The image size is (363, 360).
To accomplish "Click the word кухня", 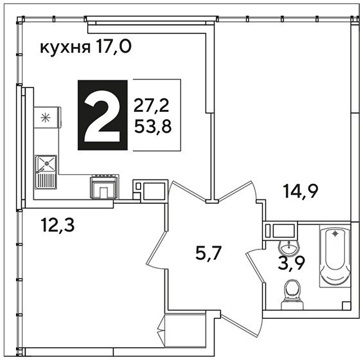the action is coord(66,48).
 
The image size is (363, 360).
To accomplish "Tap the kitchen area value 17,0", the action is coord(114,46).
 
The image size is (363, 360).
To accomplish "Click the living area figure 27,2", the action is coord(152,106).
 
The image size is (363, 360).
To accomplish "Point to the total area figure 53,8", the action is coord(153,127).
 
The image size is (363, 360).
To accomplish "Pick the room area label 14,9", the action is coord(301,192).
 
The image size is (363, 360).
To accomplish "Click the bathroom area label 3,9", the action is coord(291,263).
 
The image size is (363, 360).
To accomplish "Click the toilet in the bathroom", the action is coord(292,294).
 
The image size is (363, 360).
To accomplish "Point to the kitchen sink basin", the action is coord(46,163).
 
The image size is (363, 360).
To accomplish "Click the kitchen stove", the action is coord(104,186).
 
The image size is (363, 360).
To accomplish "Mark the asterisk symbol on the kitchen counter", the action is coord(46,118).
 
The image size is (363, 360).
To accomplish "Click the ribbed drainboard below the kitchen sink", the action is coord(46,181).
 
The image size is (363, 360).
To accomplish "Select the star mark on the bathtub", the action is coord(335,234).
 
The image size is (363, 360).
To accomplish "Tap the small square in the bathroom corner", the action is coord(346,305).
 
